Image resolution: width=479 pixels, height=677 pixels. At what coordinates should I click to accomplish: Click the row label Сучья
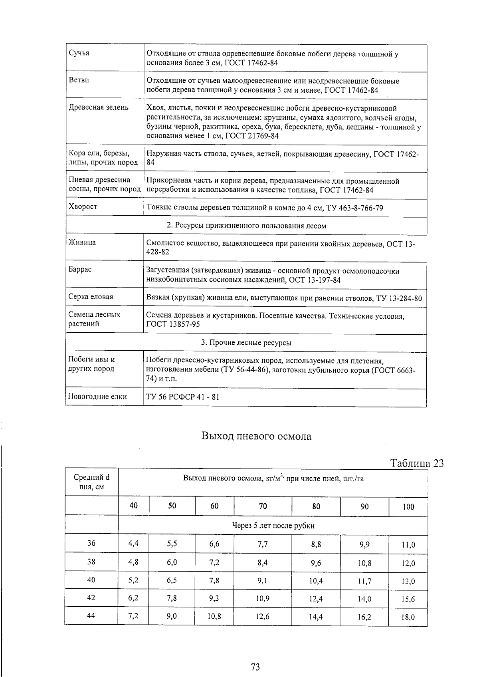[79, 53]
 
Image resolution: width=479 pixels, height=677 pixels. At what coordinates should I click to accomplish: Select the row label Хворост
[83, 206]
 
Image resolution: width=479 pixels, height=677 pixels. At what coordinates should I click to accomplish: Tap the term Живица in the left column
[82, 242]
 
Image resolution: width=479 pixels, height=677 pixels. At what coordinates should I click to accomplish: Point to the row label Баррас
[80, 269]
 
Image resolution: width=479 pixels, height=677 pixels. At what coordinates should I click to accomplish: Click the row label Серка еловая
[91, 297]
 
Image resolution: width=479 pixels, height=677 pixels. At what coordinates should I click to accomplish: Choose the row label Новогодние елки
[97, 397]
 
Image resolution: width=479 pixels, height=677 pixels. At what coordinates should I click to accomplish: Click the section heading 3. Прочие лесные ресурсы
[246, 343]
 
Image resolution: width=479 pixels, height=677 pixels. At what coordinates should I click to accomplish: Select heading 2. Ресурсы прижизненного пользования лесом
[246, 226]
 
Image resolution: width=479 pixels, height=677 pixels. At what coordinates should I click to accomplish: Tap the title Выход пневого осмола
[256, 436]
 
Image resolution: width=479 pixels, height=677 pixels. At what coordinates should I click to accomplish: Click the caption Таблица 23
[417, 463]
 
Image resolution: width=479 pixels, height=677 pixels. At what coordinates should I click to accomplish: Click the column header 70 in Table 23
[263, 506]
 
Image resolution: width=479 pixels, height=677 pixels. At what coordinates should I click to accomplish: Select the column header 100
[408, 507]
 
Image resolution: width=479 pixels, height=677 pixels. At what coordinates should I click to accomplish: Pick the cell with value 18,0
[408, 617]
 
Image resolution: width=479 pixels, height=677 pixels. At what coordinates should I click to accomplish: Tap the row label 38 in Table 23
[91, 562]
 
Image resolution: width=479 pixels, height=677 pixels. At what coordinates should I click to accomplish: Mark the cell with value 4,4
[133, 544]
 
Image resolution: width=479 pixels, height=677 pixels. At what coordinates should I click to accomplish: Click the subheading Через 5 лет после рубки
[273, 526]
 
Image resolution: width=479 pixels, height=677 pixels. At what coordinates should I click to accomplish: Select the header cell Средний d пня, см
[91, 482]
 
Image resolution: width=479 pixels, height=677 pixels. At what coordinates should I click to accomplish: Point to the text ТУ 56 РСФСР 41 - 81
[183, 397]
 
